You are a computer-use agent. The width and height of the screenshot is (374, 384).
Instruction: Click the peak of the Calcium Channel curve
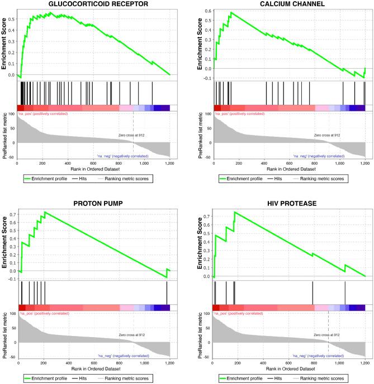[x=230, y=12]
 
